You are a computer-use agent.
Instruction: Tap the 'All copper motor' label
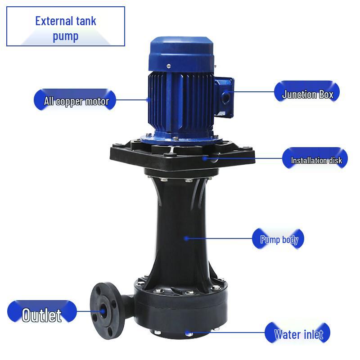[x=76, y=100]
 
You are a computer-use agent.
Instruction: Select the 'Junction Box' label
[x=307, y=94]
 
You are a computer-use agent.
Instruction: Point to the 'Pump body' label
[x=279, y=239]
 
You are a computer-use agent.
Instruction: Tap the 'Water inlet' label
[x=298, y=334]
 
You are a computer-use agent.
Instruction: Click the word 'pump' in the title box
[x=66, y=36]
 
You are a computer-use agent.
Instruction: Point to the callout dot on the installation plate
[x=204, y=157]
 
